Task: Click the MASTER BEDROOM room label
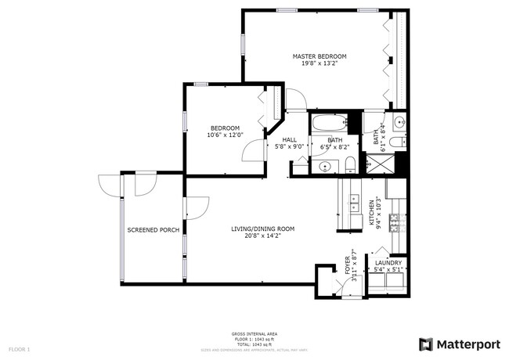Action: point(319,56)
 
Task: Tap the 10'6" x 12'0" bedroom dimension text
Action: point(225,135)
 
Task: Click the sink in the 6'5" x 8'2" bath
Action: point(325,166)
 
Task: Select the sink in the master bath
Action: point(399,123)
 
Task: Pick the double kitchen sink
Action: point(354,206)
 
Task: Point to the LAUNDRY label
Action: point(388,263)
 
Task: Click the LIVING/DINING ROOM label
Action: point(262,229)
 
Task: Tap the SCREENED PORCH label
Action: point(153,230)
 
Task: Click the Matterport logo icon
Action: point(425,344)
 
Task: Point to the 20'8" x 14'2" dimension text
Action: point(262,236)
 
